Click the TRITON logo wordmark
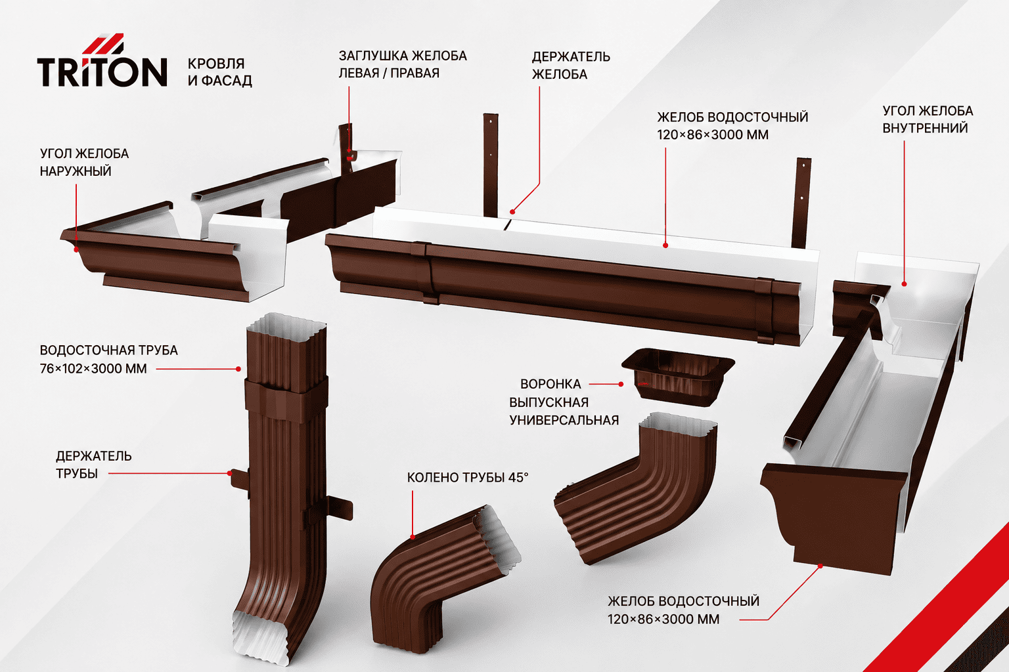coord(102,72)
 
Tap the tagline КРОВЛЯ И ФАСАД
coord(220,72)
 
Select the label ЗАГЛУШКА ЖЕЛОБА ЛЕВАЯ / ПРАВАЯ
coord(403,64)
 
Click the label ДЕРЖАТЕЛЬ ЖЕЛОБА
coord(571,65)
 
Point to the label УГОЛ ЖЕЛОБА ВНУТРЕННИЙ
coord(928,119)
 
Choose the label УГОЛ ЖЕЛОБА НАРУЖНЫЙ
coord(84,162)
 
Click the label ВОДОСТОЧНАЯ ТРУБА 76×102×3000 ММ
coord(108,359)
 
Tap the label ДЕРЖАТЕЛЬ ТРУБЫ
coord(94,465)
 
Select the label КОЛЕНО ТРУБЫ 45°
coord(468,477)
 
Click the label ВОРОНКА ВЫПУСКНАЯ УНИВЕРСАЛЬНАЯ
coord(564,402)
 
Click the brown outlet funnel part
coord(678,376)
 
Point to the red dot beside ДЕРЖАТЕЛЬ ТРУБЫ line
coord(230,473)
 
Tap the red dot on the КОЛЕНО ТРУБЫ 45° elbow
coord(413,537)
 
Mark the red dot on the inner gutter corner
coord(904,284)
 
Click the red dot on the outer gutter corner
coord(76,249)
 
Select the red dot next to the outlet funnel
coord(621,385)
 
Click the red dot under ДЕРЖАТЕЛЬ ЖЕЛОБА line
coord(512,211)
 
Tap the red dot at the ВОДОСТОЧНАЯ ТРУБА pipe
coord(238,369)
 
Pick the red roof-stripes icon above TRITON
coord(103,43)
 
